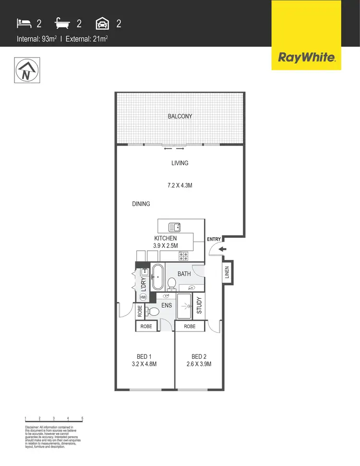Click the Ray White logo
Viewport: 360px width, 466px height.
(x=306, y=58)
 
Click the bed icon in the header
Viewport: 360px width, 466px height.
(x=23, y=23)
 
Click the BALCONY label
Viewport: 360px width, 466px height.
(x=180, y=116)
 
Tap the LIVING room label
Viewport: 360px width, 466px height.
(x=180, y=163)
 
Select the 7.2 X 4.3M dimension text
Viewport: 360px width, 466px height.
(x=180, y=184)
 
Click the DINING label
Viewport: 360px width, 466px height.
(x=141, y=204)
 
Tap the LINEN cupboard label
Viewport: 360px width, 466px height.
(x=227, y=274)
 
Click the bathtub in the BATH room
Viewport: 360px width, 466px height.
(x=157, y=277)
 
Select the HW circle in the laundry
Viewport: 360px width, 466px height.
(x=143, y=297)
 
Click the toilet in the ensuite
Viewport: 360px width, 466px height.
(x=152, y=311)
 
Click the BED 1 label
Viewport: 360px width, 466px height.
(x=144, y=356)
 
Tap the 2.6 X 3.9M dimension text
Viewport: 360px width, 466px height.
(x=199, y=364)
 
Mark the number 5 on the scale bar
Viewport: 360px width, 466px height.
(x=83, y=418)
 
